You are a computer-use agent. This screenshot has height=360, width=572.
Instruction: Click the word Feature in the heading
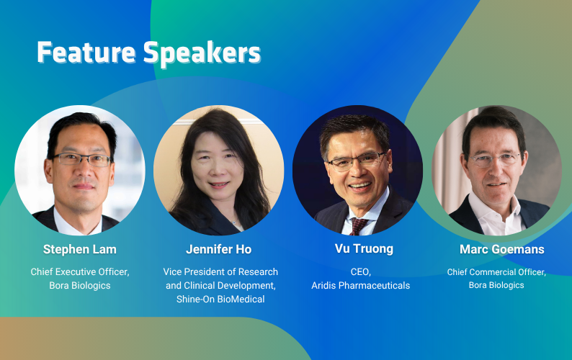(86, 52)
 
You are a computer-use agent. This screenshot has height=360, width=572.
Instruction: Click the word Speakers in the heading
(202, 53)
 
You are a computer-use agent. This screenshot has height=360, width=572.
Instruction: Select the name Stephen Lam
(80, 249)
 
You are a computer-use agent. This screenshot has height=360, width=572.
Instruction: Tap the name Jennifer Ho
(218, 249)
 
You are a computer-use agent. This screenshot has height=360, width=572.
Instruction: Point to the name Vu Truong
(364, 248)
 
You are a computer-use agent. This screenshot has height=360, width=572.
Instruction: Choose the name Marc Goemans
(501, 249)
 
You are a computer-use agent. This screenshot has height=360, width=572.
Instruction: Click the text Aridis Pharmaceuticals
(360, 285)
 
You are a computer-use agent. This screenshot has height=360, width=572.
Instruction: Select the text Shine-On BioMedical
(220, 299)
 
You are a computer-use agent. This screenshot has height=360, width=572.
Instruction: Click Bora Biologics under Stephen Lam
(80, 285)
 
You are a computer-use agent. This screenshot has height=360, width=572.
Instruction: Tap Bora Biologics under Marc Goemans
(496, 285)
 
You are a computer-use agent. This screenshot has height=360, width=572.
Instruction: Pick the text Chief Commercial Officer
(496, 272)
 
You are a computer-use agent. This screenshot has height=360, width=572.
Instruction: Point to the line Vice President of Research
(220, 271)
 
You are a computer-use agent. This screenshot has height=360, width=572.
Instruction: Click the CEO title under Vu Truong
(360, 271)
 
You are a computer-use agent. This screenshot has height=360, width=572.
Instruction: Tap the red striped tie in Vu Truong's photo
(359, 226)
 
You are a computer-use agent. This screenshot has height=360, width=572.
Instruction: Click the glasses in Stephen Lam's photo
(81, 159)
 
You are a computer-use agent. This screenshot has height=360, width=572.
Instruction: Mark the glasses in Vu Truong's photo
(356, 161)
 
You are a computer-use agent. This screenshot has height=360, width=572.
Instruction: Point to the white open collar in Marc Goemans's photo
(496, 215)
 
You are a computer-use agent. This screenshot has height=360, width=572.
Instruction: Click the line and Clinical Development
(220, 285)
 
